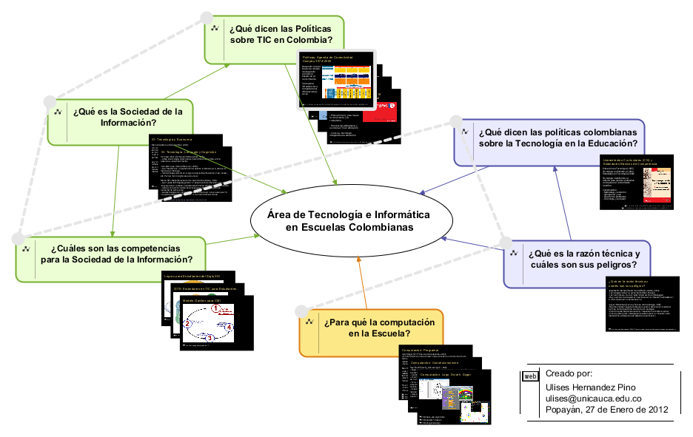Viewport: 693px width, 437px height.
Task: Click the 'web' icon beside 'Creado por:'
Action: coord(530,376)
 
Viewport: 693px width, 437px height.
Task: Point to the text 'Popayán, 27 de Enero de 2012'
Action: coord(606,410)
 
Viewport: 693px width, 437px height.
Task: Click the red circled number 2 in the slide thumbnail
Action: coord(187,324)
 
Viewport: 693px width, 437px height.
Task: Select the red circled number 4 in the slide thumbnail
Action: coord(230,326)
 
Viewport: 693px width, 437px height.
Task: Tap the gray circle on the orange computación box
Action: coord(300,311)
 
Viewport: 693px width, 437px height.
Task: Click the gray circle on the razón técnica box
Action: coord(506,242)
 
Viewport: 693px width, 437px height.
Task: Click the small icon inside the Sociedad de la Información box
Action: coord(57,112)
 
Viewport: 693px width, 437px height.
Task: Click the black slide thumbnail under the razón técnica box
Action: coord(641,304)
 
